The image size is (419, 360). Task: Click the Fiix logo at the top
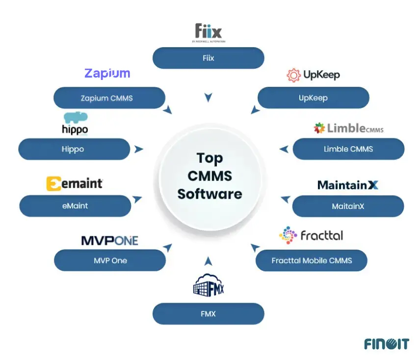[x=209, y=32]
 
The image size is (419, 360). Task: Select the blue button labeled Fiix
[x=209, y=58]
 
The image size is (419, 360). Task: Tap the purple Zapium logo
[x=107, y=74]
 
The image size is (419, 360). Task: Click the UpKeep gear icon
[x=293, y=75]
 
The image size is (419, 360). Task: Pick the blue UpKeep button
[x=313, y=98]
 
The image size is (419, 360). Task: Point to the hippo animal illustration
[x=76, y=118]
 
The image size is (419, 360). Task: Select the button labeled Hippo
[x=74, y=149]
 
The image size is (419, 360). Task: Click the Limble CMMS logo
[x=348, y=129]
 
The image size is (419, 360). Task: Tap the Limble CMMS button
[x=348, y=149]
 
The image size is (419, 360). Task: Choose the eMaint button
[x=75, y=206]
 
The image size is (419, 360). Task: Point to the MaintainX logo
[x=348, y=185]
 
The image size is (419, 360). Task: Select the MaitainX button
[x=348, y=206]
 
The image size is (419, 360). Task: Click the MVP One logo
[x=109, y=240]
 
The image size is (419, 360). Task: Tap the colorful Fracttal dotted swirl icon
[x=288, y=235]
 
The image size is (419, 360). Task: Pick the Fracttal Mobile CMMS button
[x=312, y=260]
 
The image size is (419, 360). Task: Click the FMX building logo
[x=209, y=286]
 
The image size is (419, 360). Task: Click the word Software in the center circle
[x=209, y=194]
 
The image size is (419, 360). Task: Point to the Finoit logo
[x=386, y=344]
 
